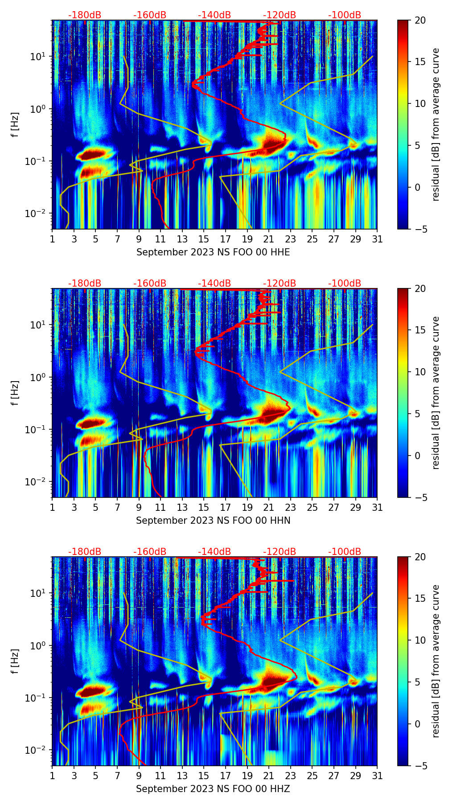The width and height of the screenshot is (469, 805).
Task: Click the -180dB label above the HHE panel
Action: pyautogui.click(x=85, y=15)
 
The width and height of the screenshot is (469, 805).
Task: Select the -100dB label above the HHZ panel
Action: pyautogui.click(x=345, y=552)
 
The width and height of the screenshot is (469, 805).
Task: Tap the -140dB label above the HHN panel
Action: pyautogui.click(x=214, y=283)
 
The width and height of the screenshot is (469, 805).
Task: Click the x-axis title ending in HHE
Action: pyautogui.click(x=213, y=252)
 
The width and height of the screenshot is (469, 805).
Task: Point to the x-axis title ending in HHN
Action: pyautogui.click(x=213, y=521)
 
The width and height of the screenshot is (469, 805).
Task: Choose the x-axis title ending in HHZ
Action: pyautogui.click(x=213, y=789)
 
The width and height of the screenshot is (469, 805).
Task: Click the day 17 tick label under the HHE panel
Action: pyautogui.click(x=226, y=239)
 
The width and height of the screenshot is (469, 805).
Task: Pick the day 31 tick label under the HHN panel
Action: pyautogui.click(x=377, y=508)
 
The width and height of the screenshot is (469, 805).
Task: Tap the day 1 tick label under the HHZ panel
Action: pyautogui.click(x=52, y=776)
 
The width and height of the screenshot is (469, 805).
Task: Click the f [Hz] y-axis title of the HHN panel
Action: pyautogui.click(x=15, y=393)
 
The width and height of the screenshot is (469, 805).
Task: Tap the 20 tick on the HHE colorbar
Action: pyautogui.click(x=420, y=21)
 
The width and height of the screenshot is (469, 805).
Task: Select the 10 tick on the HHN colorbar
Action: pyautogui.click(x=420, y=372)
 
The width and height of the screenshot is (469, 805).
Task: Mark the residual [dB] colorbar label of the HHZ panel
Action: pyautogui.click(x=436, y=661)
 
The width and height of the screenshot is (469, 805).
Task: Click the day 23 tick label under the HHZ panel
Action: pyautogui.click(x=291, y=776)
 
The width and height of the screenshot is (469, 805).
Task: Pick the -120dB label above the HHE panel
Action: pyautogui.click(x=280, y=15)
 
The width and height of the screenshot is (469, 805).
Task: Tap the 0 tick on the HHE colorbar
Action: pyautogui.click(x=418, y=187)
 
